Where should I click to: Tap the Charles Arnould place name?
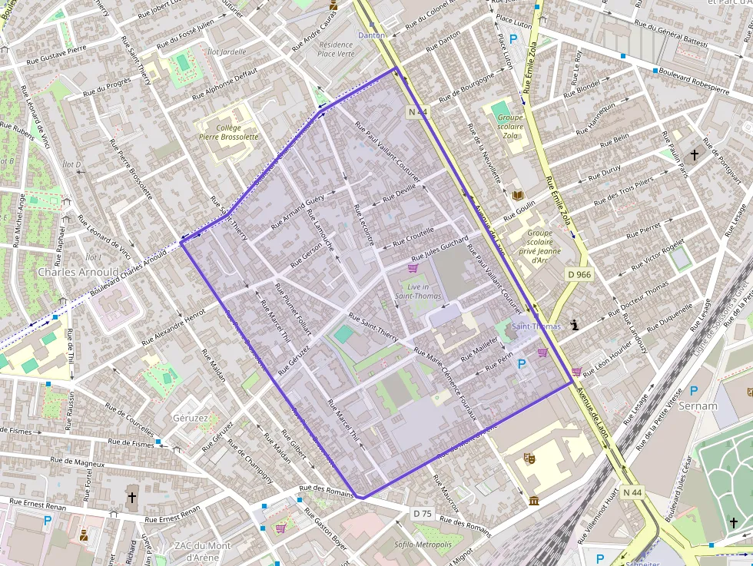(78, 272)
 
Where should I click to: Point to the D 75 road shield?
(422, 513)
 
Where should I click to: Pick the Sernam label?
(698, 405)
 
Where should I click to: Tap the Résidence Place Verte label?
(336, 49)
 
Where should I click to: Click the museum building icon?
(534, 501)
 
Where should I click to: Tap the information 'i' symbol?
(575, 326)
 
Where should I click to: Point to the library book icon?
(518, 195)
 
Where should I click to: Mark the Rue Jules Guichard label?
(440, 249)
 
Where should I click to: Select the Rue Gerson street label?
(307, 254)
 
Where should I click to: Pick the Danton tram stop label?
(371, 35)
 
